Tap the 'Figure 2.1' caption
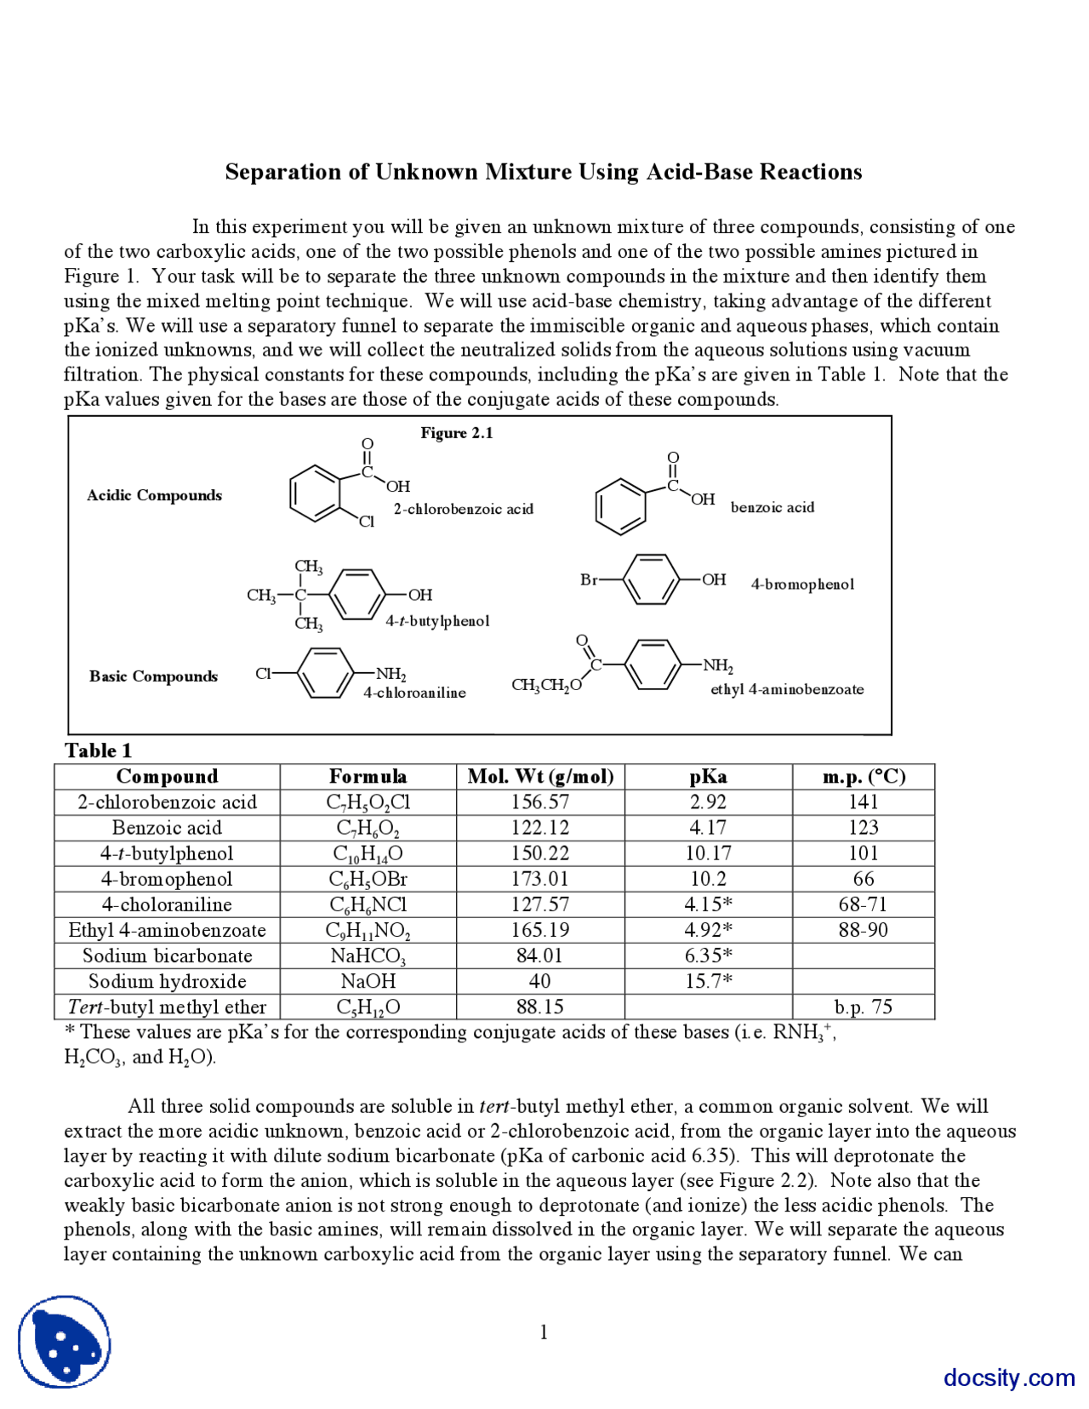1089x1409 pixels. click(x=457, y=433)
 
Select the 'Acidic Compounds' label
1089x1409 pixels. click(x=154, y=495)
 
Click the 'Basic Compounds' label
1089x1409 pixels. click(x=153, y=676)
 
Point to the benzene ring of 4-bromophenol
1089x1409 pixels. click(x=651, y=580)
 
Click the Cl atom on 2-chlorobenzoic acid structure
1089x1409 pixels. click(x=366, y=522)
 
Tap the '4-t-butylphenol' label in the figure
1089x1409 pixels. click(x=437, y=621)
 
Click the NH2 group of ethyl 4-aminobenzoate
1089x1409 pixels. click(x=718, y=665)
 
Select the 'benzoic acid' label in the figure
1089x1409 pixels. click(x=773, y=508)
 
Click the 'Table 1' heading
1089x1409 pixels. click(x=98, y=750)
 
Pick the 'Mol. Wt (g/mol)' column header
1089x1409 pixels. click(x=540, y=777)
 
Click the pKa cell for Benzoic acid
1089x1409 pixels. click(x=708, y=828)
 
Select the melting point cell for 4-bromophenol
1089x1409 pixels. click(x=863, y=879)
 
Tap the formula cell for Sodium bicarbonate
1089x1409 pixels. click(x=368, y=956)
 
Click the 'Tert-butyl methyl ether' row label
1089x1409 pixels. click(x=167, y=1007)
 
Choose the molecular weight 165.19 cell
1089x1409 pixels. click(x=540, y=930)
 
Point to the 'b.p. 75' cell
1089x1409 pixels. click(x=863, y=1007)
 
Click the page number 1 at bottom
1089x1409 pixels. click(x=544, y=1332)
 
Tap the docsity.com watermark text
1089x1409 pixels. click(x=1009, y=1378)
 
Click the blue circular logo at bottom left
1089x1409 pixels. click(x=65, y=1342)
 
